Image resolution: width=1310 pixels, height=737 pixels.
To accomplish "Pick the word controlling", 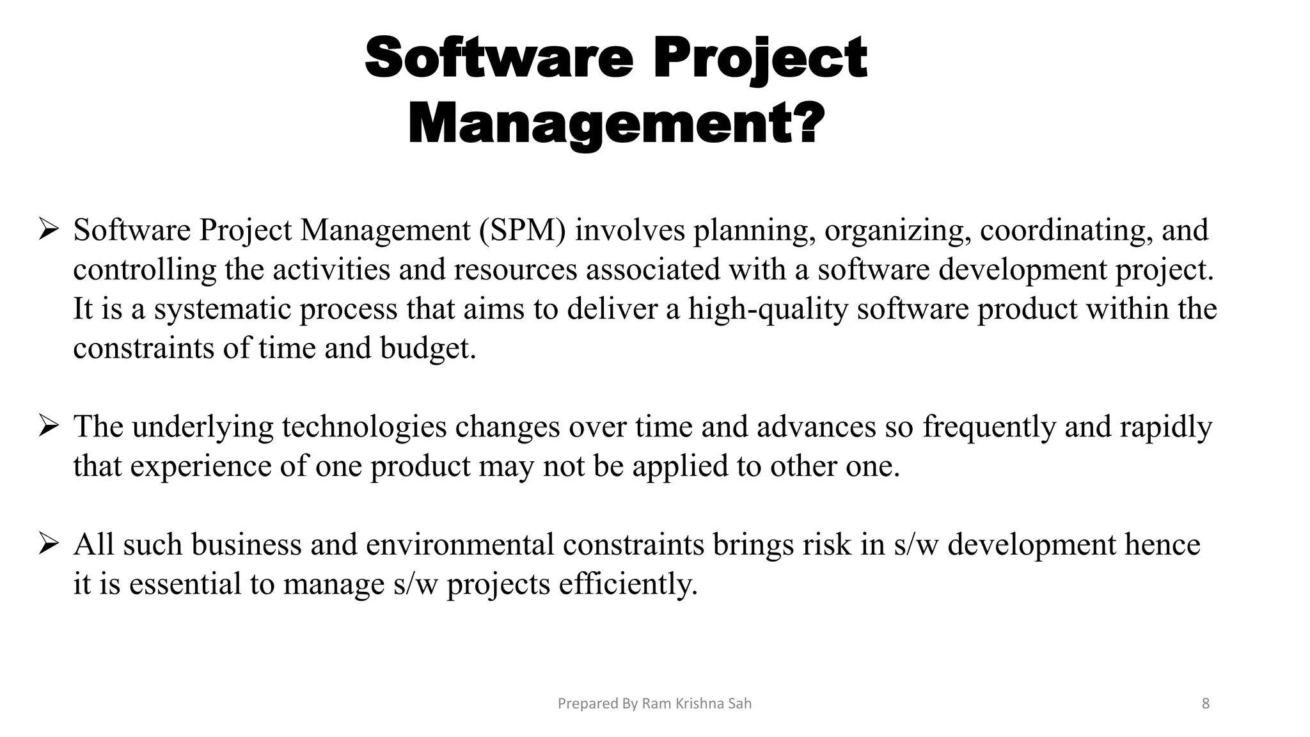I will click(x=145, y=270).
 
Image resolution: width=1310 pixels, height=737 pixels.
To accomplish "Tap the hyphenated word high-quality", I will click(x=768, y=310).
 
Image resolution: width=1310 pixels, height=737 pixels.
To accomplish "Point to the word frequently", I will click(x=989, y=427).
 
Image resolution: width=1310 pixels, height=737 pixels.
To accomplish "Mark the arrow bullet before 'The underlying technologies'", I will click(x=49, y=425).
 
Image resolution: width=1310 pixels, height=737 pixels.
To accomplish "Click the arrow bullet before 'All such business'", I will click(x=49, y=544).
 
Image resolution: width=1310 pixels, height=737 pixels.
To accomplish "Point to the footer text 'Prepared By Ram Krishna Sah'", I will click(x=654, y=704).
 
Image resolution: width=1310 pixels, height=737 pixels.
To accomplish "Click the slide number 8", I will click(x=1206, y=704).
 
